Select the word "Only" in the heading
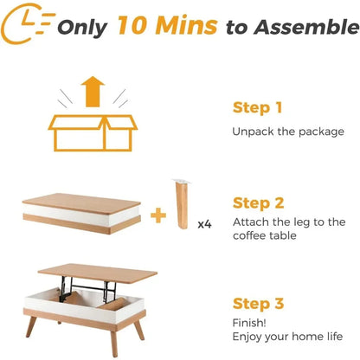[83, 27]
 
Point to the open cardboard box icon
[91, 132]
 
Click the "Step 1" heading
[258, 108]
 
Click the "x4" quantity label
[205, 224]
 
